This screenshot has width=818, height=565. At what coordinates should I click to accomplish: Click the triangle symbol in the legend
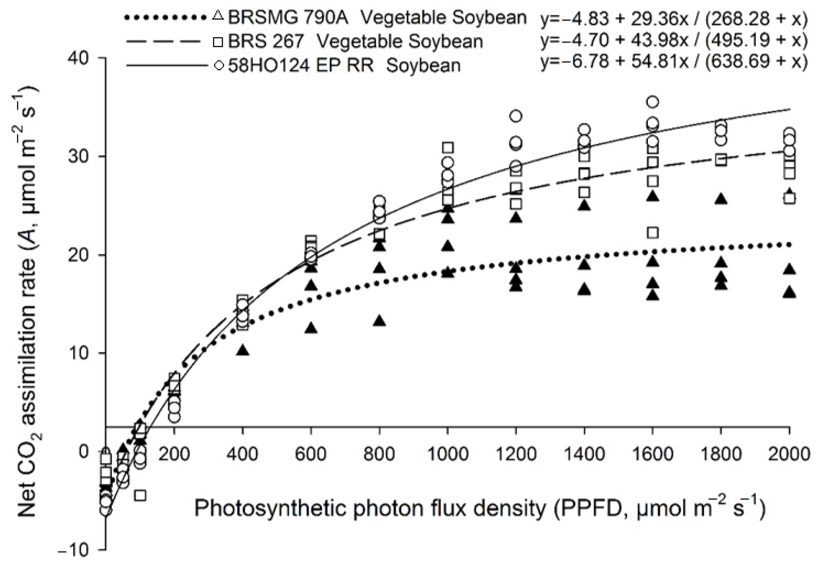[x=218, y=16]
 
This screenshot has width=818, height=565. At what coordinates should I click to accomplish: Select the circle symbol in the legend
[x=219, y=66]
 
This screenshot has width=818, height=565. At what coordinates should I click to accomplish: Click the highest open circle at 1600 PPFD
[x=653, y=102]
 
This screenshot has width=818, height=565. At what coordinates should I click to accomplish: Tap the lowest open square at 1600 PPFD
[x=653, y=232]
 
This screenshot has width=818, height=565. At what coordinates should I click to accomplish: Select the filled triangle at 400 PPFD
[x=243, y=351]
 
